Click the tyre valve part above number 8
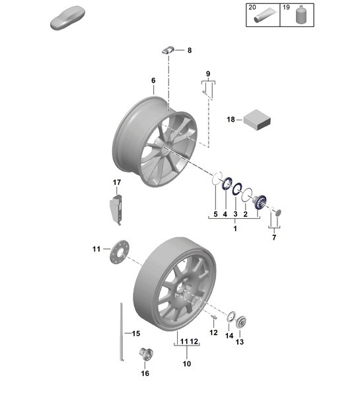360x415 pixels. [x=168, y=50]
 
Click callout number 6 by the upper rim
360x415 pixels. [x=153, y=81]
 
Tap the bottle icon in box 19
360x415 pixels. [x=303, y=15]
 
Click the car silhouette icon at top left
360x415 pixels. [x=69, y=19]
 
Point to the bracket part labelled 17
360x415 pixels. [x=116, y=207]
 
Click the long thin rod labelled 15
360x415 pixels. [x=122, y=330]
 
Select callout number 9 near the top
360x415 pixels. [x=207, y=73]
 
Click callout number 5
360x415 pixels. [x=215, y=214]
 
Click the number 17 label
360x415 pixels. [x=116, y=182]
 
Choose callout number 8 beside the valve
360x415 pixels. [x=190, y=50]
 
